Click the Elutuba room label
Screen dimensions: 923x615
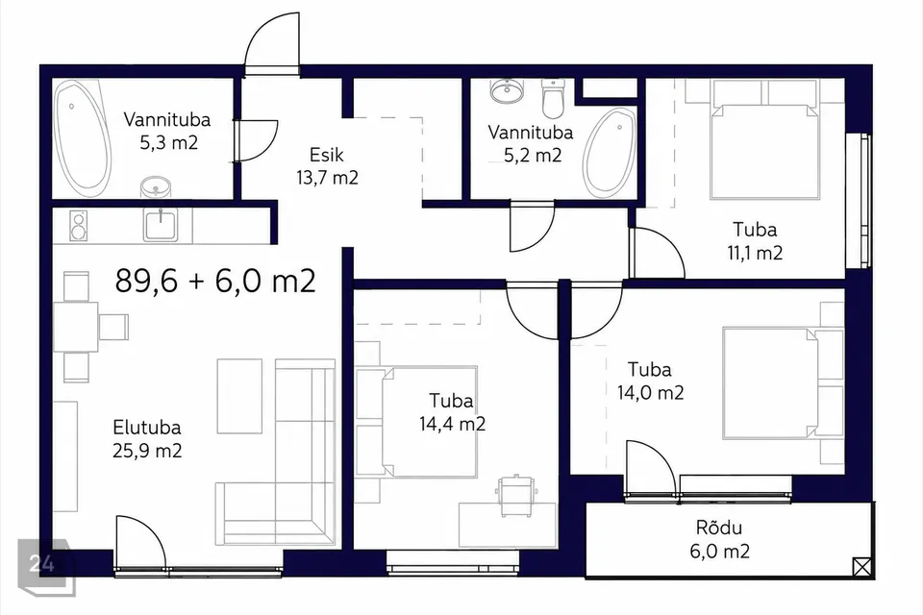pos(146,428)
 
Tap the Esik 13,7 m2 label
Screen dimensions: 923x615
pos(327,166)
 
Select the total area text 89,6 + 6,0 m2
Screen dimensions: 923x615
pos(215,281)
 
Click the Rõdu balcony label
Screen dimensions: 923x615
pos(719,528)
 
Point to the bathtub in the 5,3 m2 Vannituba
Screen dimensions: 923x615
pos(83,139)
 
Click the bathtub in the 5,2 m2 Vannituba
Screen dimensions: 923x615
pos(610,153)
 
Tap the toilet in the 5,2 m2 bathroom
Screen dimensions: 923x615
pos(553,98)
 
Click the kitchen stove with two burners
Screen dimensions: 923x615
pos(78,226)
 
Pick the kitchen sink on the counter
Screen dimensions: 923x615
pos(161,224)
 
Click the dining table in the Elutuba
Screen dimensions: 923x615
pos(75,328)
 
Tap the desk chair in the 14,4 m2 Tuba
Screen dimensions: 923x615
pos(515,495)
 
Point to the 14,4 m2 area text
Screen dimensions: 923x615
pos(452,424)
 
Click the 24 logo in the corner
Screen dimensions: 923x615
pos(42,564)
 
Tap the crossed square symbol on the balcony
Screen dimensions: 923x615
pos(861,567)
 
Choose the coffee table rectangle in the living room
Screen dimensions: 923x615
pos(239,396)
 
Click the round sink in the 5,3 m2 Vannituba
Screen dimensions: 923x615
pos(156,187)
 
